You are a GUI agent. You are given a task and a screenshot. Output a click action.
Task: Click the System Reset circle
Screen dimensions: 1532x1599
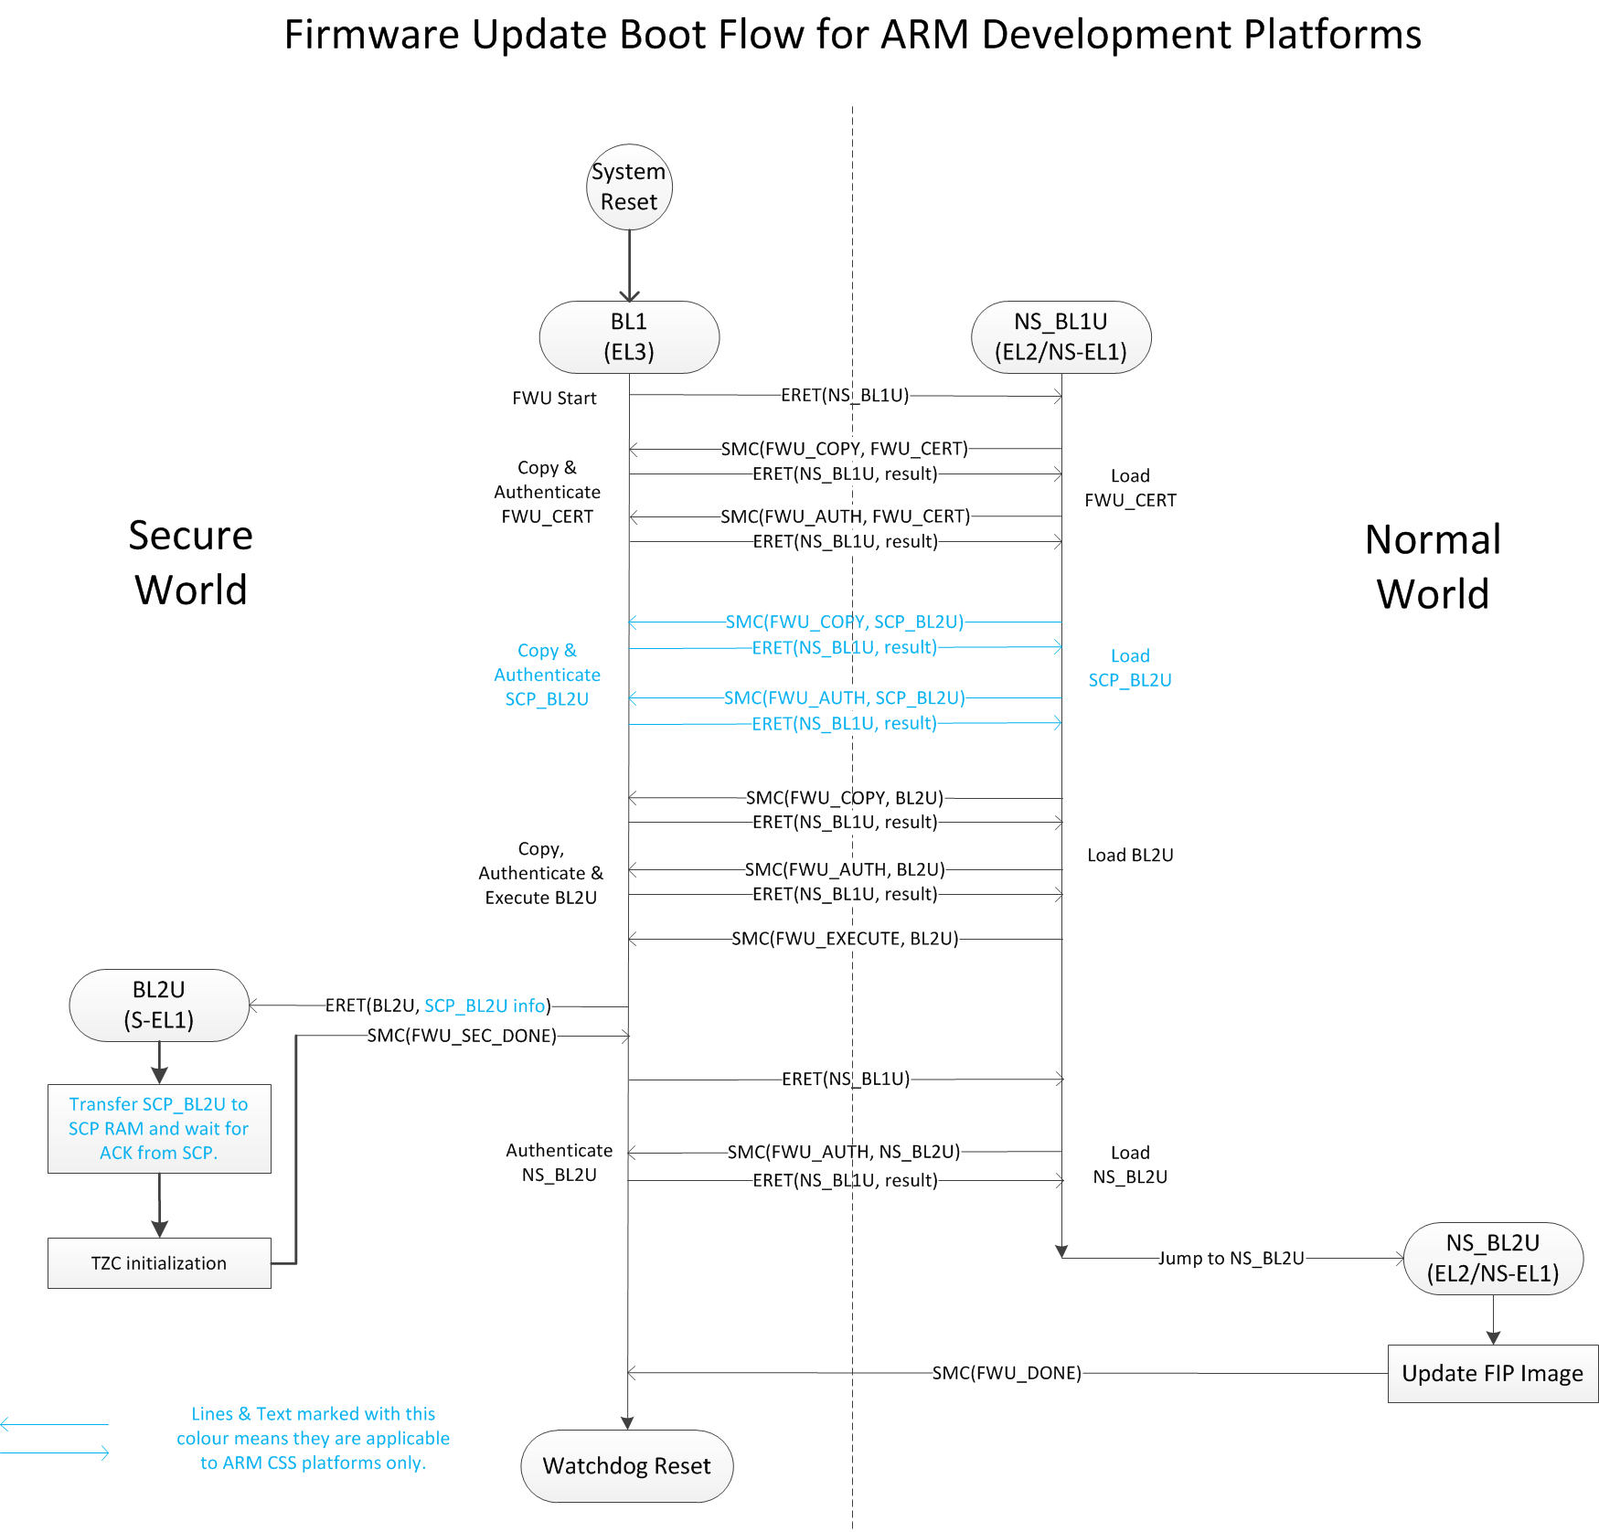click(x=629, y=186)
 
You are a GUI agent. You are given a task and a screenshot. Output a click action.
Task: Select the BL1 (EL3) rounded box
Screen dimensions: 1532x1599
click(x=629, y=336)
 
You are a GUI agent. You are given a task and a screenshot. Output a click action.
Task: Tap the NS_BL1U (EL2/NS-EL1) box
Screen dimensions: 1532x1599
click(x=1061, y=336)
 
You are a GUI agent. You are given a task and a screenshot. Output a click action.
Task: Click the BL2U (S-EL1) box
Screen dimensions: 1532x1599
click(x=159, y=1005)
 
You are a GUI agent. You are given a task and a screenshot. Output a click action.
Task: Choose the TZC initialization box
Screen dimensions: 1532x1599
click(x=159, y=1263)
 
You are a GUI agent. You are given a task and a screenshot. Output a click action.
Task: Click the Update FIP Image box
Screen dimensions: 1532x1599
click(x=1492, y=1373)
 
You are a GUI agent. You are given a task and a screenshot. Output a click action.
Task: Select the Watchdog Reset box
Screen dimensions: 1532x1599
click(x=626, y=1465)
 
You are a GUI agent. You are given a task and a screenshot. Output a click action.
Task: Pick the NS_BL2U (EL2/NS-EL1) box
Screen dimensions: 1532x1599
click(x=1492, y=1258)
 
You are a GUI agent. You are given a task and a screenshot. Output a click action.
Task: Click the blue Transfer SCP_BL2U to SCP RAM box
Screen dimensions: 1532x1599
click(x=159, y=1128)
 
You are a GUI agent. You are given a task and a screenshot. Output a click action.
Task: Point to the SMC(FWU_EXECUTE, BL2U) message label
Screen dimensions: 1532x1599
click(x=845, y=939)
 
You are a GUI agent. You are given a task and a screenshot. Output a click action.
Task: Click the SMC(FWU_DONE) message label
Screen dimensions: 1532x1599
click(x=1007, y=1373)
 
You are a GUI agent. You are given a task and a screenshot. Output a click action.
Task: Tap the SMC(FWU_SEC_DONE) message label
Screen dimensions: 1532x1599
click(x=462, y=1036)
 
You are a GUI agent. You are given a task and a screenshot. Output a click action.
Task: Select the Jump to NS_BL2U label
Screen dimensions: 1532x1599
click(x=1231, y=1258)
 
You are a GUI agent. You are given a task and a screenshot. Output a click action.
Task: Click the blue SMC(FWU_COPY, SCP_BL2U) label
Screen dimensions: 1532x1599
click(x=845, y=622)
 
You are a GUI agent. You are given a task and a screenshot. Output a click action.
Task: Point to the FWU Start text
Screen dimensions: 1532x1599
click(x=554, y=398)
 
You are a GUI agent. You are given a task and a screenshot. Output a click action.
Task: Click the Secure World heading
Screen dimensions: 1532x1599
click(x=190, y=562)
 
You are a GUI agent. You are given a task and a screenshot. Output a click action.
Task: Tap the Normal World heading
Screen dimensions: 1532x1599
click(x=1433, y=567)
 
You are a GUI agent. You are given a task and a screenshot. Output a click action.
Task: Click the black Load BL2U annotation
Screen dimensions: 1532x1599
click(x=1130, y=855)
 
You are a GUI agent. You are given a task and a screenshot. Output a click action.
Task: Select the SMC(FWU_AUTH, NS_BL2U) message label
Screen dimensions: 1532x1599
click(x=844, y=1152)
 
